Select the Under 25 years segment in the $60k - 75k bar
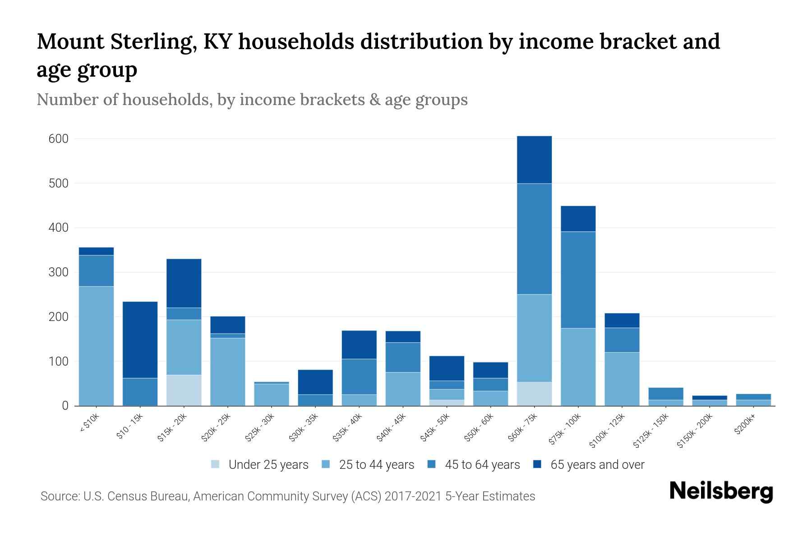coord(534,394)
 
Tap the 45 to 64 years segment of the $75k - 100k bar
coord(578,280)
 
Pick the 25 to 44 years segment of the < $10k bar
coord(96,346)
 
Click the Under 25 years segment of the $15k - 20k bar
coord(184,390)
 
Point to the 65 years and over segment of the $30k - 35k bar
coord(315,382)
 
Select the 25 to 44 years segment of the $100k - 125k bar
coord(622,379)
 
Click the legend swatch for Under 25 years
coord(216,464)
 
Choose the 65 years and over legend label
coord(597,464)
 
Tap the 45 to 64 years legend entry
coord(482,464)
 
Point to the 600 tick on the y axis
coord(59,139)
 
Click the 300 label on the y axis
coord(59,272)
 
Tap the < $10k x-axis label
coord(89,424)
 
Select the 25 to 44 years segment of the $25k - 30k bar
coord(272,394)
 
